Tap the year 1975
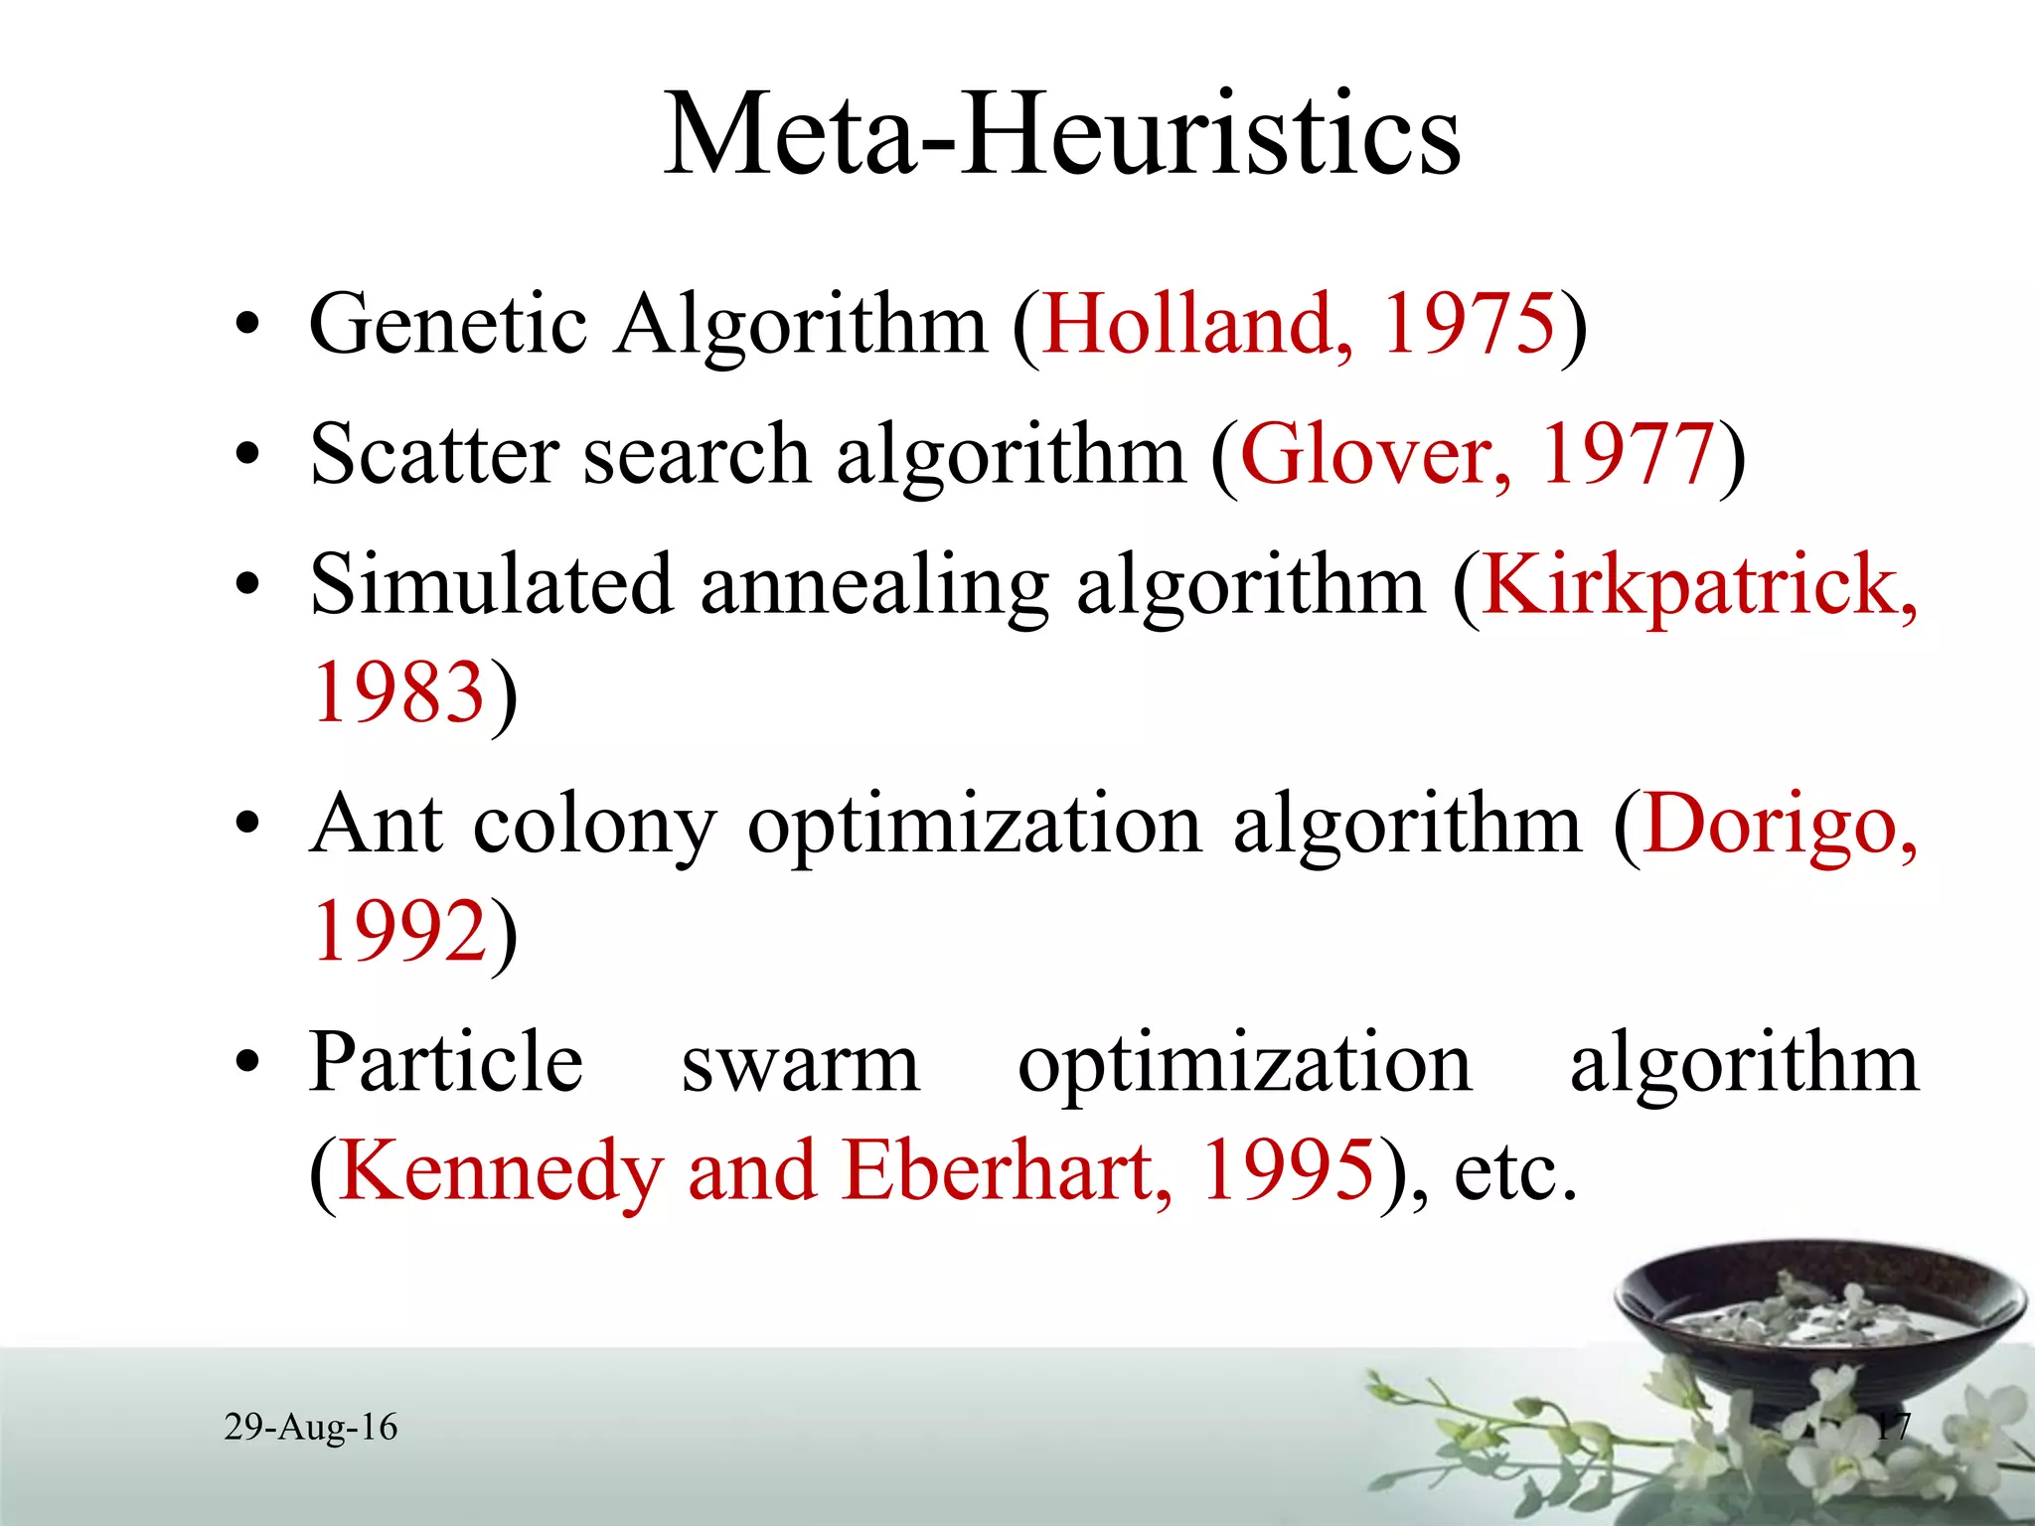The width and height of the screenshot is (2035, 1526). pos(1470,324)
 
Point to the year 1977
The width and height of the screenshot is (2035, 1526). pos(1628,454)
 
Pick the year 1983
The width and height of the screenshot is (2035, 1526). pos(398,692)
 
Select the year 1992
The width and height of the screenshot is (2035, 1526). pos(398,931)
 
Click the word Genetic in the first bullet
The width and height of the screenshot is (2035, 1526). pos(448,324)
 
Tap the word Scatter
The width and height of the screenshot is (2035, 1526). pos(433,454)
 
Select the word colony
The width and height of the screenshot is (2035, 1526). pos(593,825)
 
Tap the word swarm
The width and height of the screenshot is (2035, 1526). pos(800,1064)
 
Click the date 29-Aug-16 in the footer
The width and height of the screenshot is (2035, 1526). pos(311,1428)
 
